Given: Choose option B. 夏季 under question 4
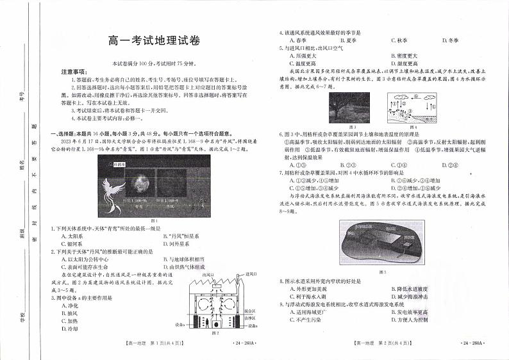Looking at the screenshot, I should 340,40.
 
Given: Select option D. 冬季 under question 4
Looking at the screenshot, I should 452,40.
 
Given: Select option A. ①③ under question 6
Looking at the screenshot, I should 296,165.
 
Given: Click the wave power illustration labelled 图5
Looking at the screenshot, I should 382,243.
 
